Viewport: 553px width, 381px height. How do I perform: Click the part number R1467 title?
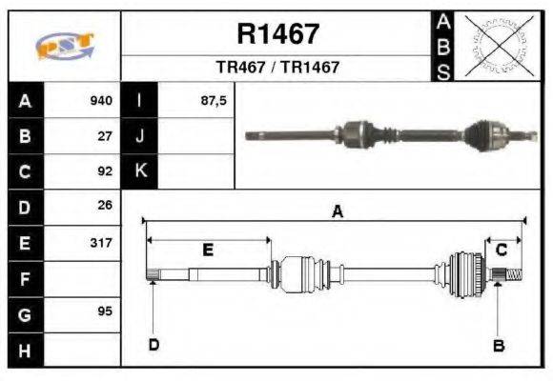tap(277, 34)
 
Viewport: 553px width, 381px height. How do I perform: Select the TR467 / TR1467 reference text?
tap(277, 68)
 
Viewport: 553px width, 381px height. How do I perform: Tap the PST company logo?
tap(64, 46)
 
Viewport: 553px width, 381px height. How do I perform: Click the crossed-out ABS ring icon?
tap(495, 45)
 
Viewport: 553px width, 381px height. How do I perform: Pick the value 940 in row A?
tap(101, 101)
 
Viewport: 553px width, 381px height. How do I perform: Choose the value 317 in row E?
tap(101, 242)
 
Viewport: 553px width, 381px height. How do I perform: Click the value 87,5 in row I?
tap(214, 101)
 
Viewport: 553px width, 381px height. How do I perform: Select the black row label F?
tap(25, 278)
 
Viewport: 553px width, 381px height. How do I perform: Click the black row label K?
tap(139, 171)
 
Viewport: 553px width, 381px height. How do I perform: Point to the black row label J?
tap(139, 136)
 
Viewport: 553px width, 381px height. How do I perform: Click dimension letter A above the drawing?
tap(337, 212)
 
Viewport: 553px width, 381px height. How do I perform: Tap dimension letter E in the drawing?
tap(208, 250)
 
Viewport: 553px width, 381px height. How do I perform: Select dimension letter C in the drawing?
tap(502, 250)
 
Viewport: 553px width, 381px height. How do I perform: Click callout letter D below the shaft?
tap(153, 344)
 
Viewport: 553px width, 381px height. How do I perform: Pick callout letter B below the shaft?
tap(498, 345)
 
